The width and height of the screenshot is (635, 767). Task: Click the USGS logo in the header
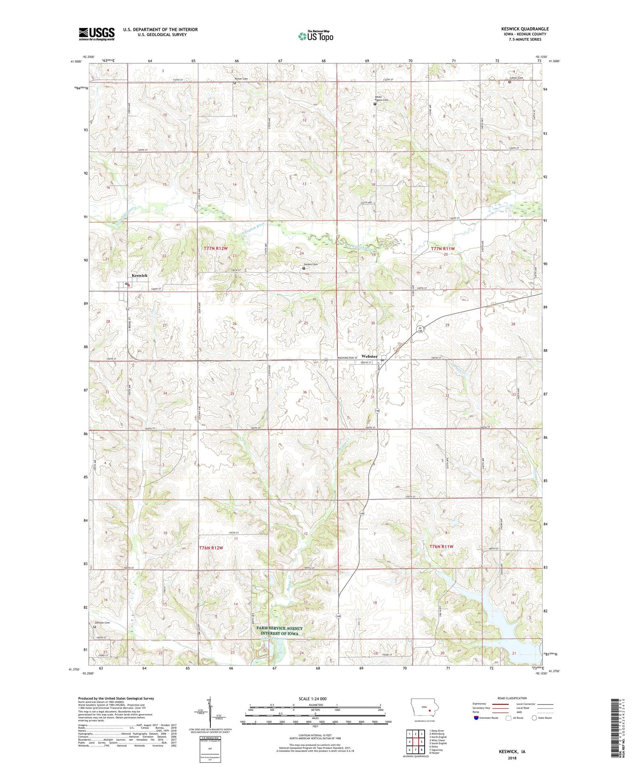97,34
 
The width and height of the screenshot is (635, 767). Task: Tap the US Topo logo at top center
315,36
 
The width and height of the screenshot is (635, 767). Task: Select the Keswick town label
140,275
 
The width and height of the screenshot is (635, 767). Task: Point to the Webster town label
370,356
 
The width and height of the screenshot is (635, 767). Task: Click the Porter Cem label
241,79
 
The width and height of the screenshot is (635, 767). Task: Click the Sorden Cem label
310,264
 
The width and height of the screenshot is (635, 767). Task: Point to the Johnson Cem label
102,623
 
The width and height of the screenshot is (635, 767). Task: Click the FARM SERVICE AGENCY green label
279,628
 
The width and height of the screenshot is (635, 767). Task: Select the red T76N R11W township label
442,547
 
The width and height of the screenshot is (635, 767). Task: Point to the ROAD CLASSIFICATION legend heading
512,698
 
